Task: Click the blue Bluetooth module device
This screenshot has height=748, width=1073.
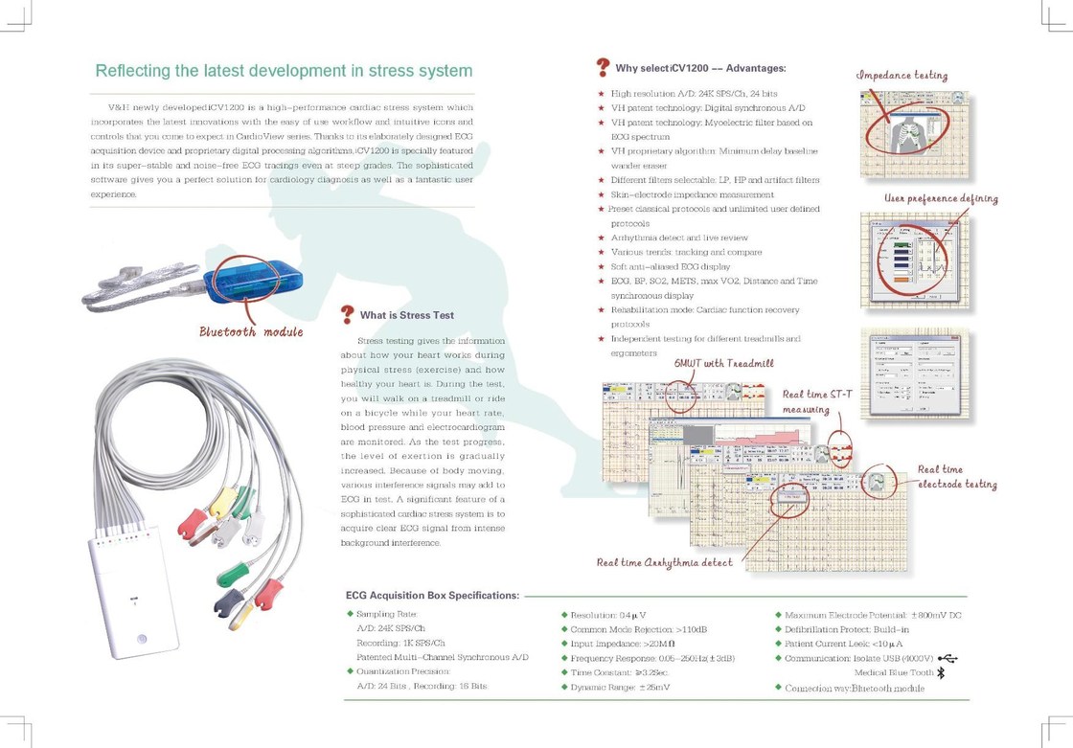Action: (x=251, y=281)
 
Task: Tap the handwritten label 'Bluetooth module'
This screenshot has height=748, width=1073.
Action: (x=251, y=331)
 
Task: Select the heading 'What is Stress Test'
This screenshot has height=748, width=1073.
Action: (x=407, y=315)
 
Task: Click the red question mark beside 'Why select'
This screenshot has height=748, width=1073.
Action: (x=603, y=67)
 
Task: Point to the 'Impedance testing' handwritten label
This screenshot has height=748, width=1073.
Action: (x=902, y=75)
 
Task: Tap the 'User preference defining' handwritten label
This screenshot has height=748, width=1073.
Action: (x=941, y=199)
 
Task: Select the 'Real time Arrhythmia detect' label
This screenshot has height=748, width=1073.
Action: (x=664, y=562)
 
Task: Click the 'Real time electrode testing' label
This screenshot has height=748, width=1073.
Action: (x=957, y=477)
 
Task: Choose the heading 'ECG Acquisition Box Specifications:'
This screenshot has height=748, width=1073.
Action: (x=432, y=595)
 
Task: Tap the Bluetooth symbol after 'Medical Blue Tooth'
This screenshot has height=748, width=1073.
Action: (x=940, y=673)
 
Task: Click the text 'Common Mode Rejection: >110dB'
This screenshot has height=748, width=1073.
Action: (x=638, y=629)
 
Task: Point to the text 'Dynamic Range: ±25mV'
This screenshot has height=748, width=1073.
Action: (x=620, y=688)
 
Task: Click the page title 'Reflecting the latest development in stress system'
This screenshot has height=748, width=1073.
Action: (x=284, y=71)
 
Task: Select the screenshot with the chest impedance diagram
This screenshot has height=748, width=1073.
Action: (x=913, y=133)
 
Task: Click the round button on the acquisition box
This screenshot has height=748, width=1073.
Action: (x=142, y=639)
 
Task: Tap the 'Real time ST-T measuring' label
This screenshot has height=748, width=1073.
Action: (x=817, y=401)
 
